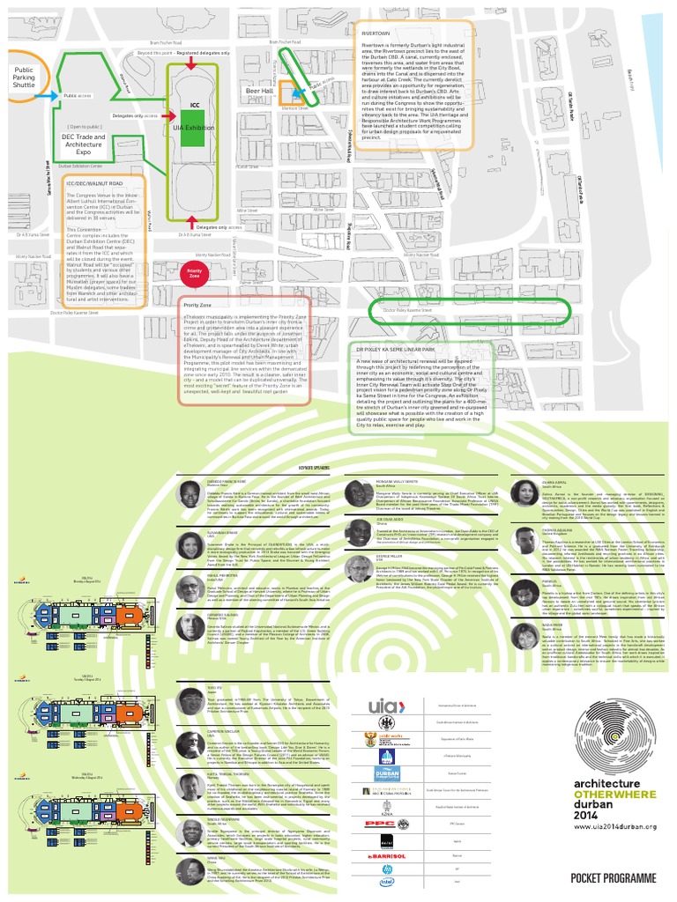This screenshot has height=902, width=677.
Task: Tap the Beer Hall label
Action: [x=259, y=91]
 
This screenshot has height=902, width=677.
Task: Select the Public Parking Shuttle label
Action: [x=25, y=78]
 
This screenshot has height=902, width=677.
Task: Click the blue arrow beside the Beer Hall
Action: [x=297, y=89]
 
